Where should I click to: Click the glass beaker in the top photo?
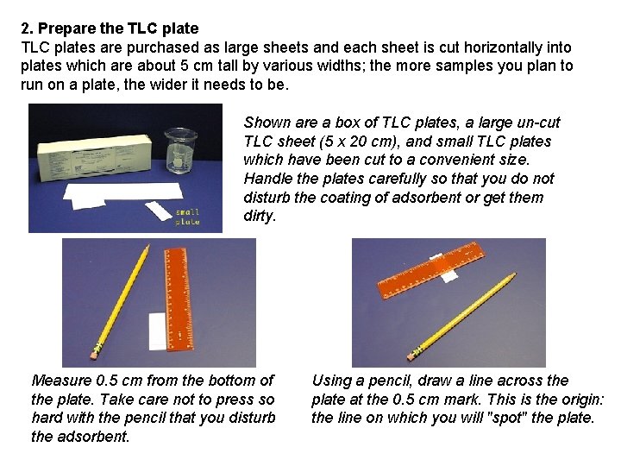pyautogui.click(x=180, y=150)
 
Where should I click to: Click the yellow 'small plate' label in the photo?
pyautogui.click(x=187, y=217)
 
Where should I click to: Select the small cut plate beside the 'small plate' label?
pyautogui.click(x=158, y=210)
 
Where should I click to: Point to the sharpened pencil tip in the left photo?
pyautogui.click(x=147, y=247)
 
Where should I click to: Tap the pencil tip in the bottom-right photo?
pyautogui.click(x=515, y=275)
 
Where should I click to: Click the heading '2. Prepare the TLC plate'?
pyautogui.click(x=110, y=28)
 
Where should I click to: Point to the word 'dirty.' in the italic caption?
pyautogui.click(x=260, y=217)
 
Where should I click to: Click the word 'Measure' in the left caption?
pyautogui.click(x=60, y=381)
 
